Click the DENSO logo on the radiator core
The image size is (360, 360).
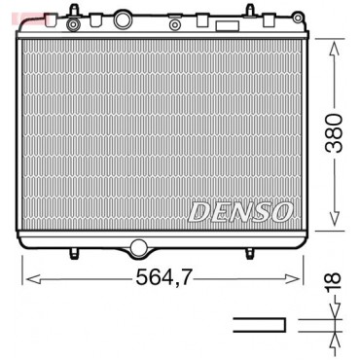[x=240, y=212]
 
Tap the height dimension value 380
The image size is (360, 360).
[x=334, y=133]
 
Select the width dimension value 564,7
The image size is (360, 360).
[x=163, y=277]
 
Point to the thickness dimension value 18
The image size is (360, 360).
[x=334, y=281]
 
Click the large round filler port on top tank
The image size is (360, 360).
[x=123, y=19]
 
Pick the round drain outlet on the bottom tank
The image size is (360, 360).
[x=138, y=247]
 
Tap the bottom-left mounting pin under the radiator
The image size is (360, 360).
[x=74, y=253]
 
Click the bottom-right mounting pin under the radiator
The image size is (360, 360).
[x=249, y=253]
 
